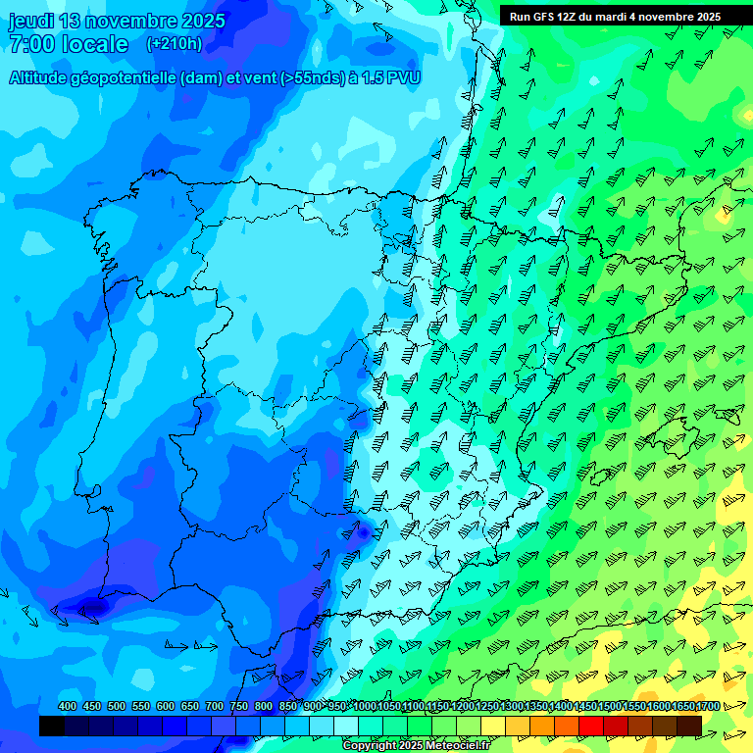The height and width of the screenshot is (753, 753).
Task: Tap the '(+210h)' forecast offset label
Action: point(174,43)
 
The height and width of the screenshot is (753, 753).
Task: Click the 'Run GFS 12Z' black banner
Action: point(615,16)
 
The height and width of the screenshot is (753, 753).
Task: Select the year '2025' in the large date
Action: point(200,21)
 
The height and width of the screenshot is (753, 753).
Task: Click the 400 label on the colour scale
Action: point(68,707)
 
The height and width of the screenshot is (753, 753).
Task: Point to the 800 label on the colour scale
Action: point(264,707)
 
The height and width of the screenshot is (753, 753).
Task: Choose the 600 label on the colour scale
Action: point(166,707)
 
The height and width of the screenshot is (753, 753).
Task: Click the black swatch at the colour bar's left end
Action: point(52,726)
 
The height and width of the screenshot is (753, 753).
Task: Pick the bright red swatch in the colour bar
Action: point(591,726)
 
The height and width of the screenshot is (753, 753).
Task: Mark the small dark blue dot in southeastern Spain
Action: point(363,532)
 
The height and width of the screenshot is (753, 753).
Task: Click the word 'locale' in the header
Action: point(93,44)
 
